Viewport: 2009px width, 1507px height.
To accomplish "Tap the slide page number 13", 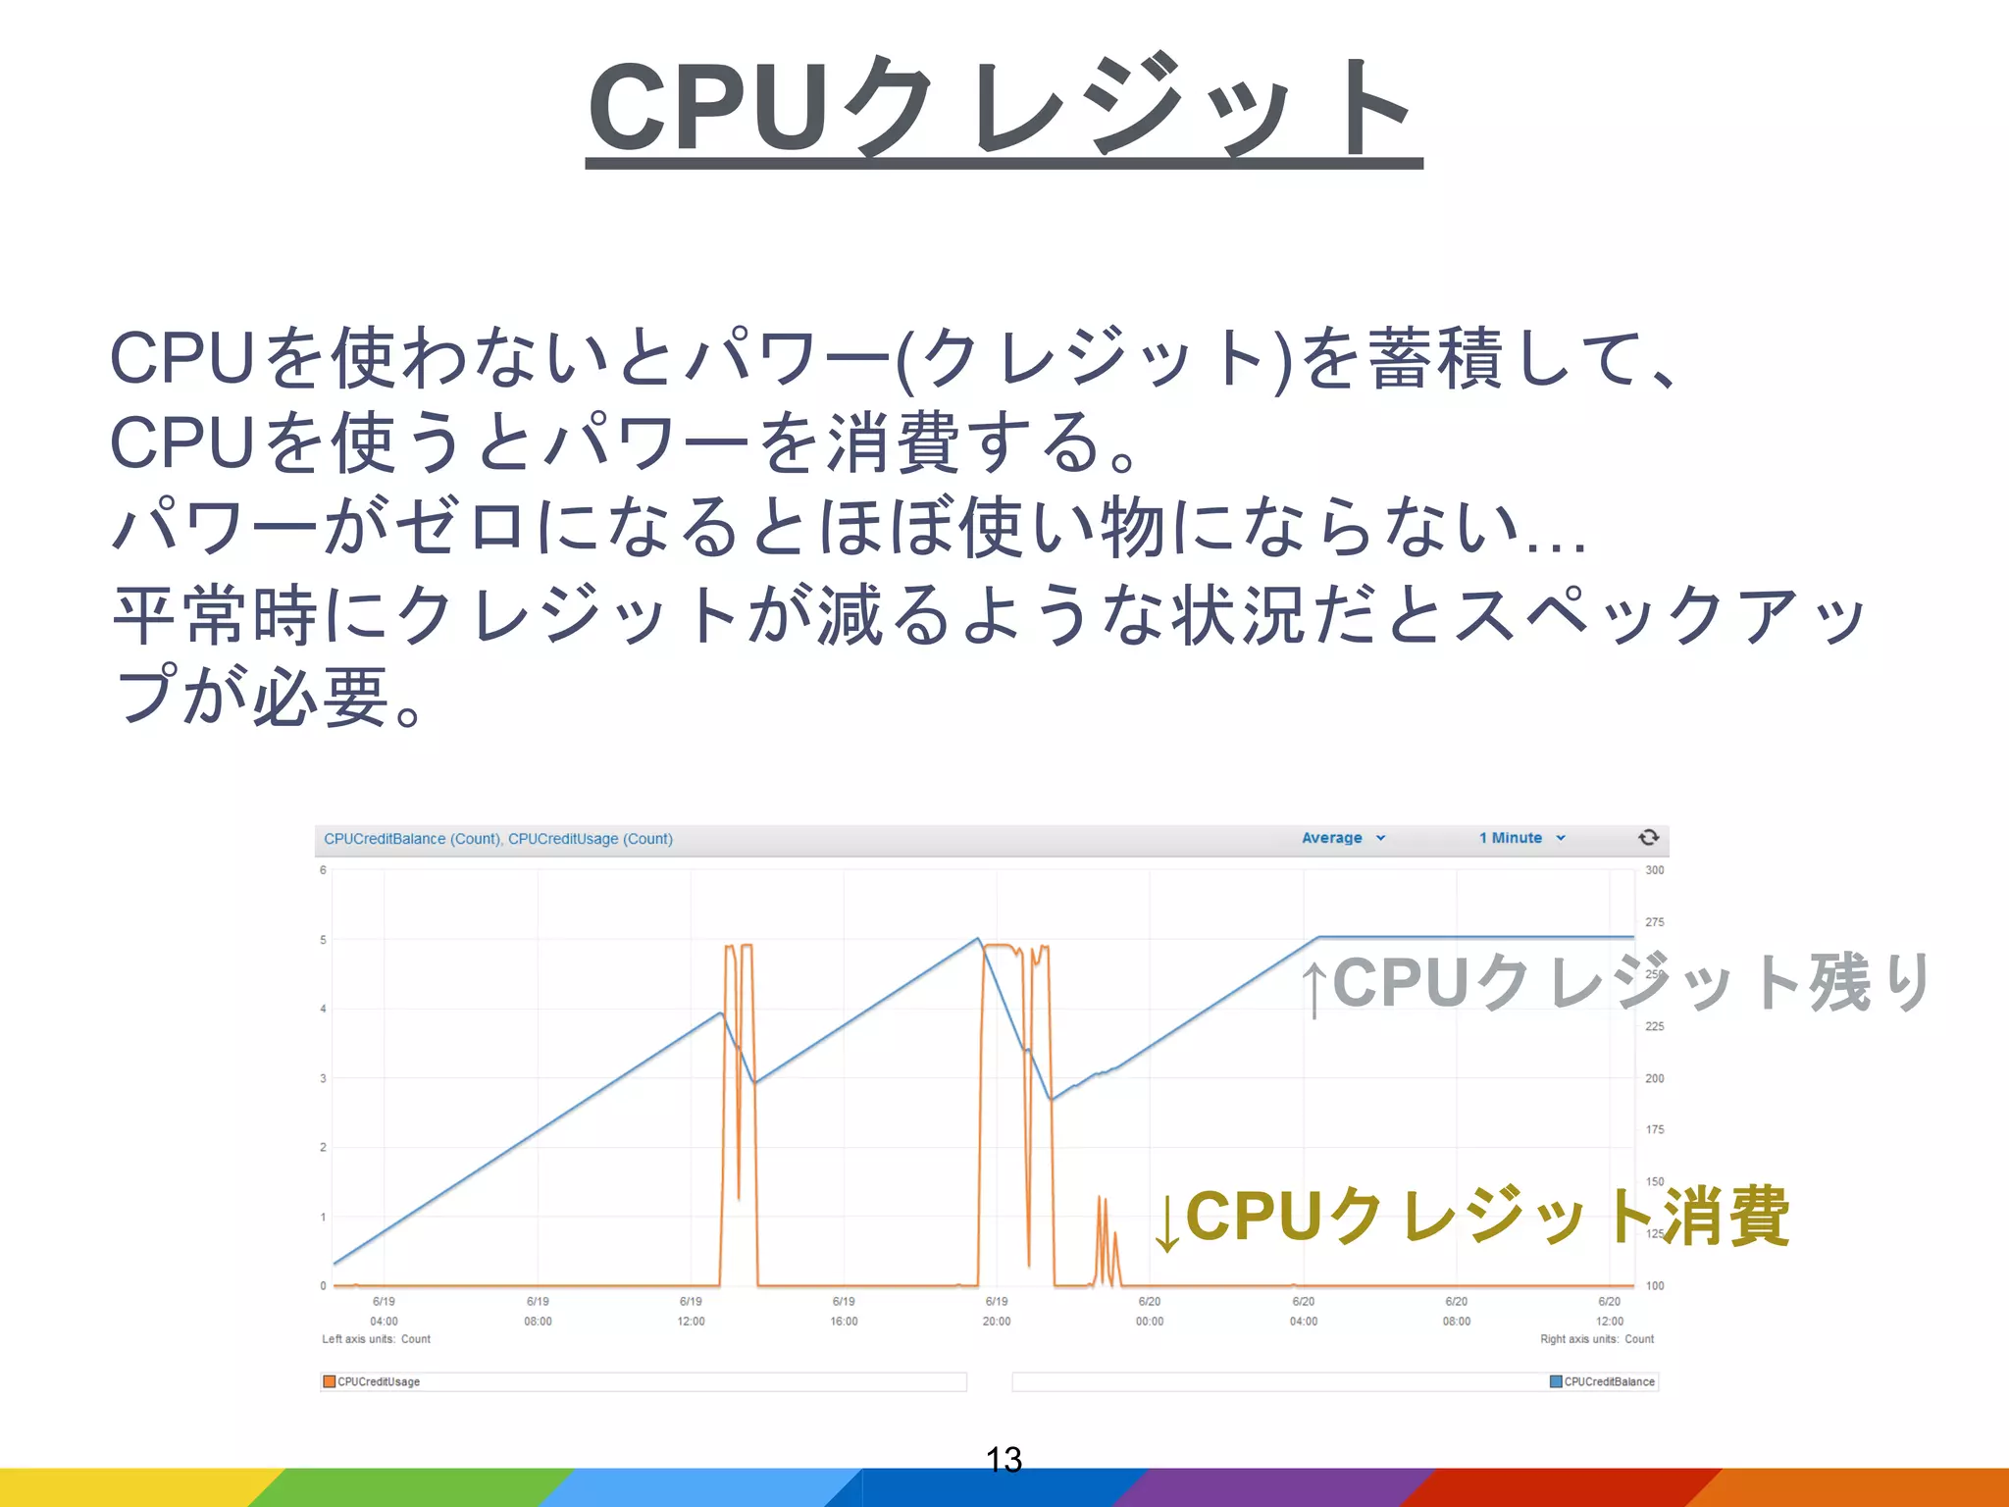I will [1004, 1459].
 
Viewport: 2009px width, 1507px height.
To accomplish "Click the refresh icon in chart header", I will [1648, 837].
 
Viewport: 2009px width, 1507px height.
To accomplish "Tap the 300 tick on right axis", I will [1654, 870].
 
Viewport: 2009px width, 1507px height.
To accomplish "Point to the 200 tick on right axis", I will [1654, 1078].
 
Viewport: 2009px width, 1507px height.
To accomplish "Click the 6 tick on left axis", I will [323, 870].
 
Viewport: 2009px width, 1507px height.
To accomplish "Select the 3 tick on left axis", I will [323, 1078].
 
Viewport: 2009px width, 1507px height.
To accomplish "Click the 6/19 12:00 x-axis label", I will [691, 1311].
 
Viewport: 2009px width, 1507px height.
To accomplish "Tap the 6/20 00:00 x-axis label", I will [1150, 1311].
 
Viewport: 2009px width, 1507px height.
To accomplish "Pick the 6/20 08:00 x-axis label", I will [1456, 1311].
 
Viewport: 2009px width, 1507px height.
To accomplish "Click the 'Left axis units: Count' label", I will [376, 1339].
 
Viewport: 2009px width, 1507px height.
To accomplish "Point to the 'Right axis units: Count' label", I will [1596, 1339].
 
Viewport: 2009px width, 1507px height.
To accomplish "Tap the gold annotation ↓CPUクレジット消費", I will [1471, 1218].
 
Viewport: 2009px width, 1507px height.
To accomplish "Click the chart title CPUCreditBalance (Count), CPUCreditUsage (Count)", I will [498, 839].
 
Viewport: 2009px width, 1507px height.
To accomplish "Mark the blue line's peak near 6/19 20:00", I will [978, 939].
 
